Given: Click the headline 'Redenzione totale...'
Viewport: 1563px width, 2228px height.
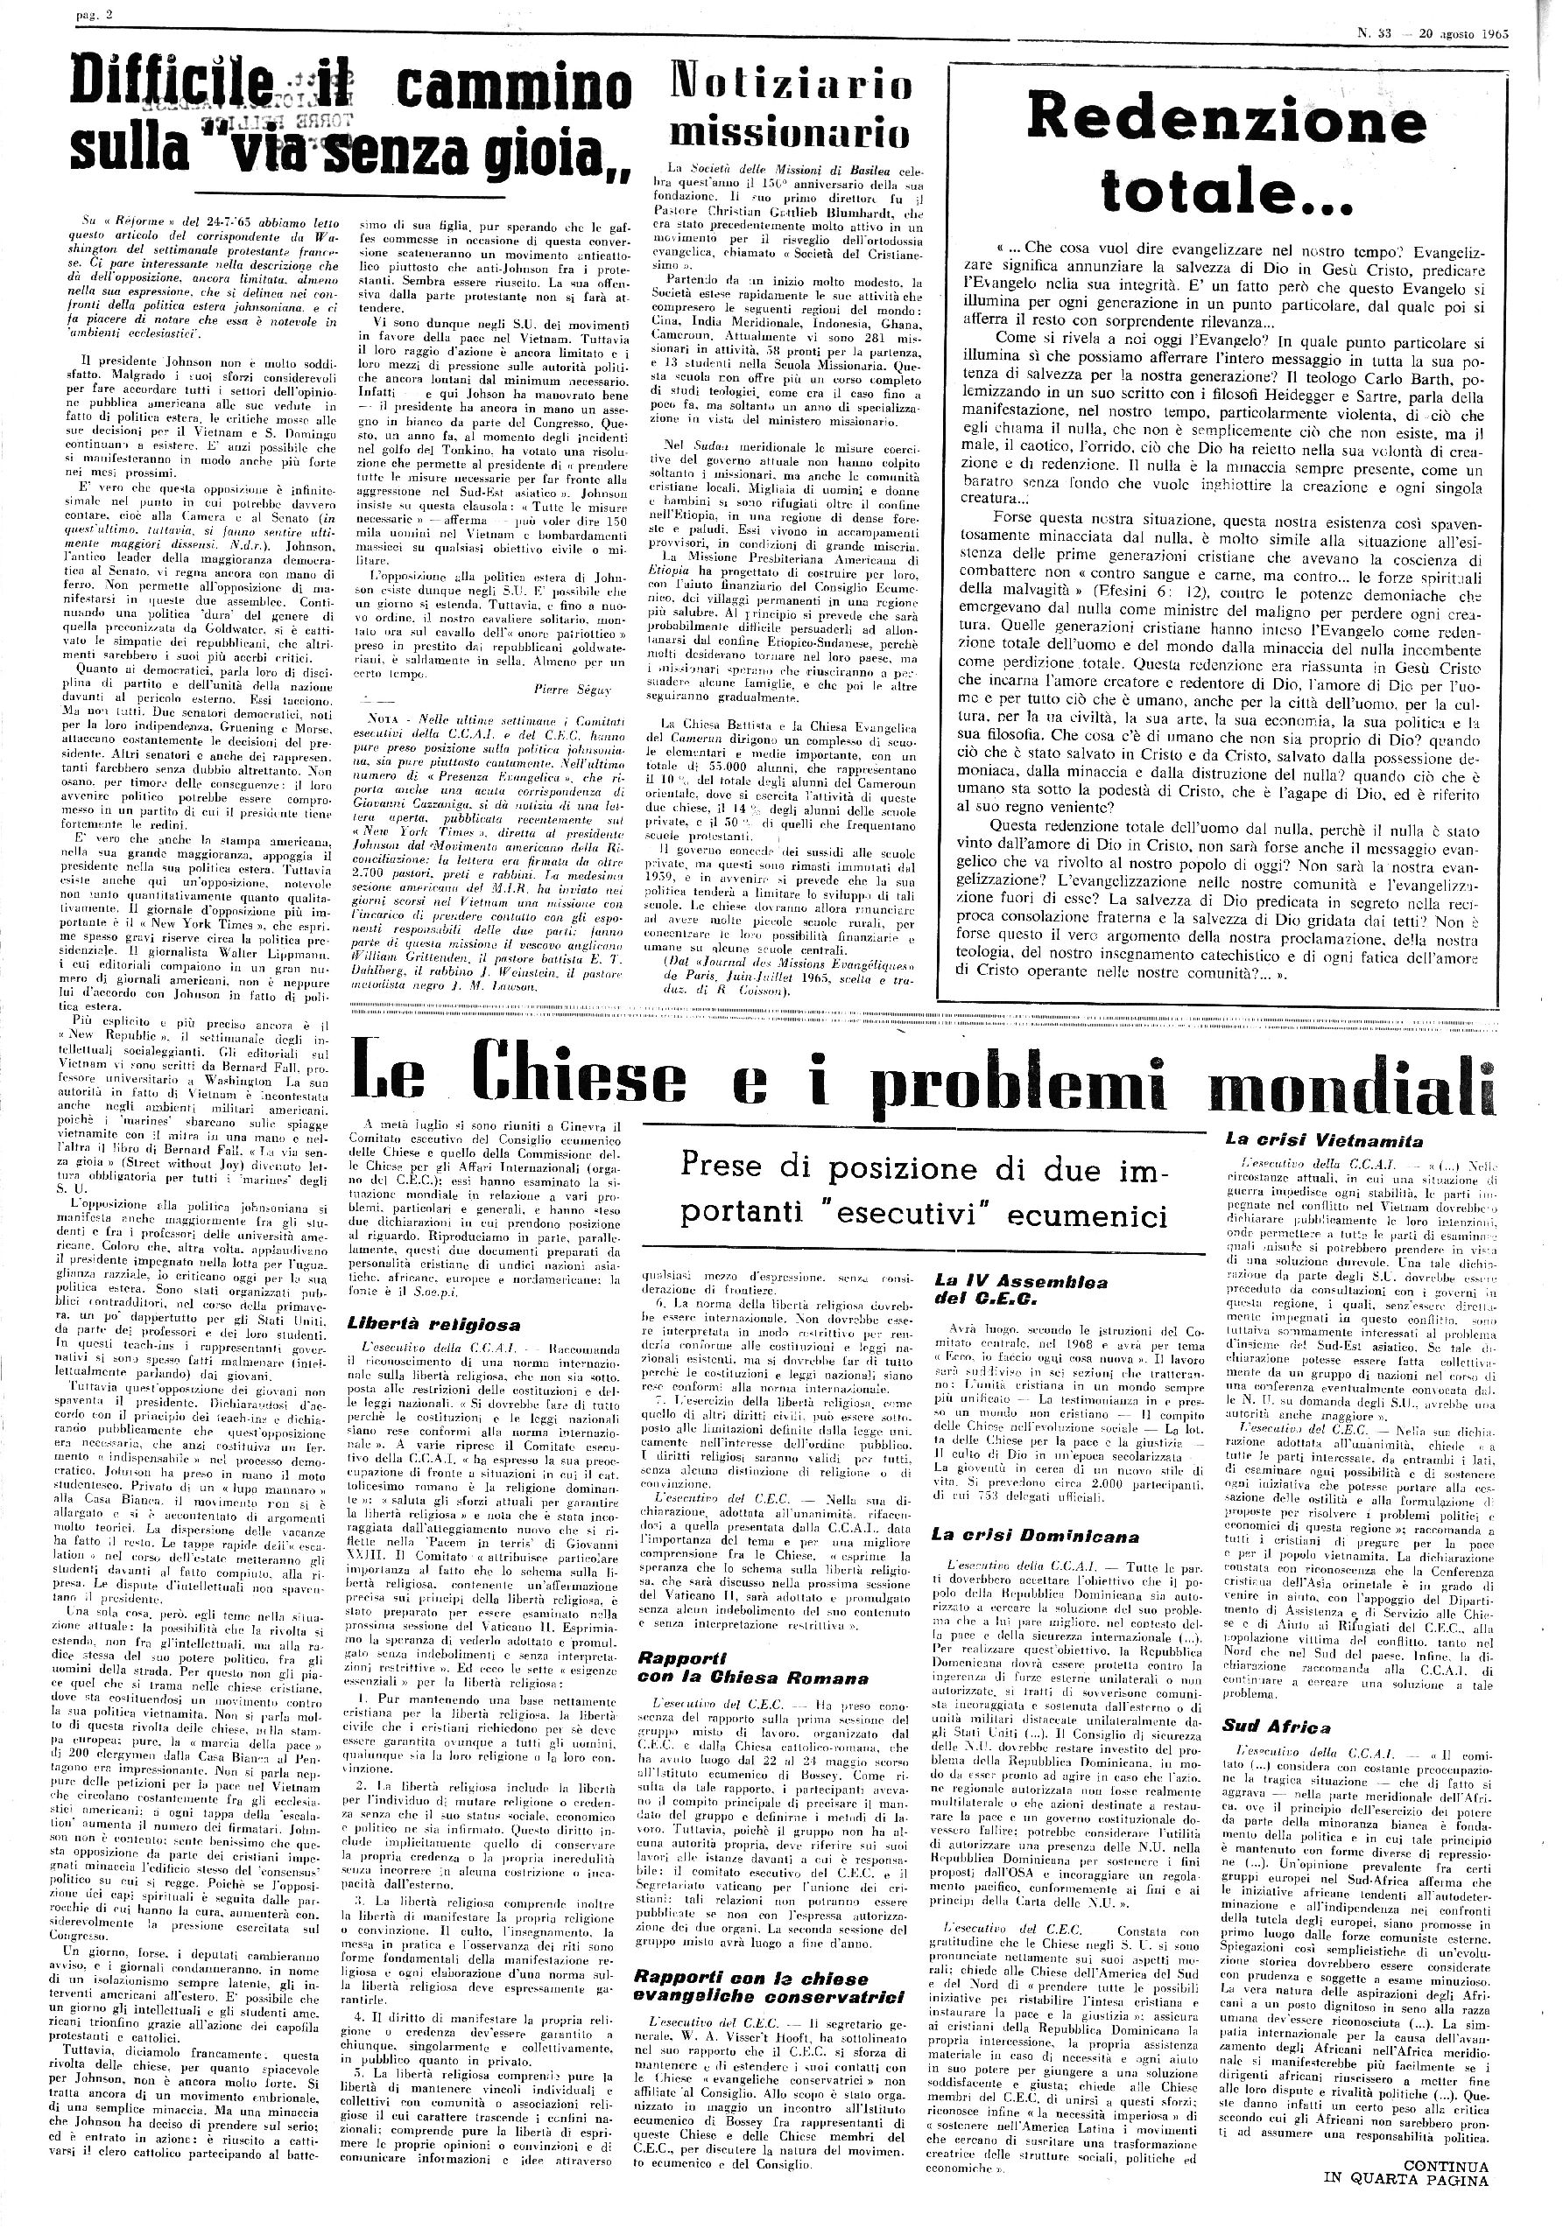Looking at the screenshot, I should (x=1226, y=153).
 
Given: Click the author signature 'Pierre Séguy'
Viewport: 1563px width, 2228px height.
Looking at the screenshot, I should (x=571, y=688).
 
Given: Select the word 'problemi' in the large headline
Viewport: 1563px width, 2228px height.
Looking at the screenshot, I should (x=1033, y=1077).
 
